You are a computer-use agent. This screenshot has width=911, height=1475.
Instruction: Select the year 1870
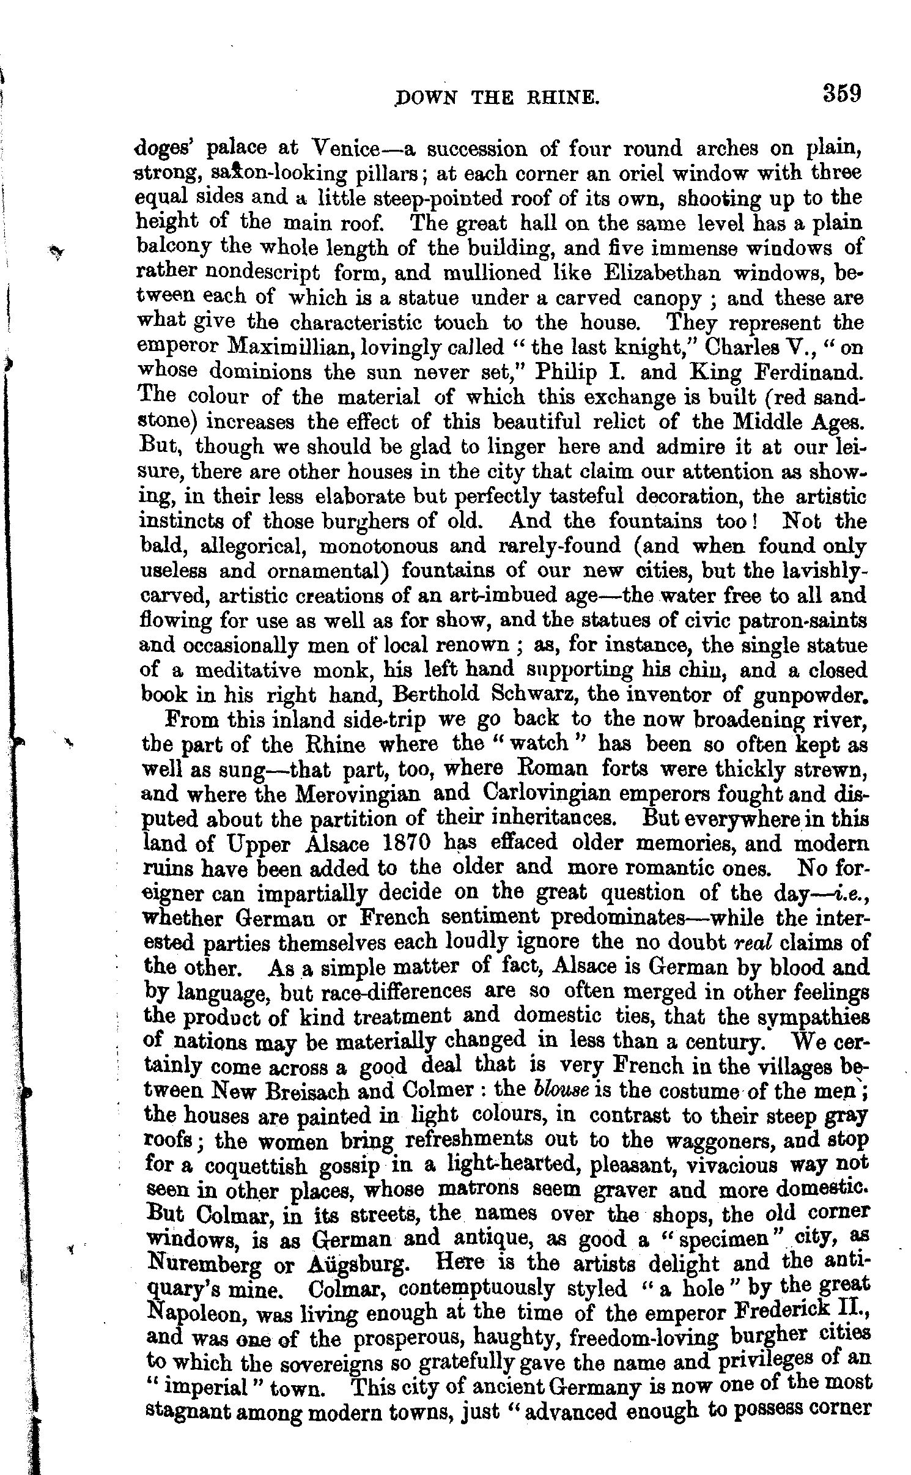411,844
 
